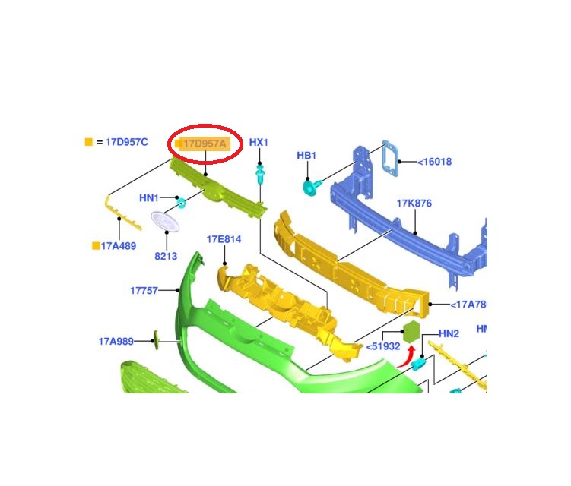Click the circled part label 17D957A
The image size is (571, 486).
(x=204, y=143)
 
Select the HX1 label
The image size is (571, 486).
(x=259, y=143)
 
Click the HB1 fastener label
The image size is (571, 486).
(x=306, y=156)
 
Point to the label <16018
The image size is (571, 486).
(x=435, y=162)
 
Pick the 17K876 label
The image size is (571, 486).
(x=414, y=204)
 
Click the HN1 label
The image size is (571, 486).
(x=149, y=198)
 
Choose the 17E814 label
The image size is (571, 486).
(x=224, y=239)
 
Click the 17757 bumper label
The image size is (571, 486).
(x=144, y=290)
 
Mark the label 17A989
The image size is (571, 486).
(x=116, y=341)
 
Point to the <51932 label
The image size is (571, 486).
(x=383, y=346)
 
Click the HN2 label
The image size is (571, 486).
(x=449, y=334)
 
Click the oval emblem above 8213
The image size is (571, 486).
(x=165, y=222)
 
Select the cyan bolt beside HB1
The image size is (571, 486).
(x=311, y=185)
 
